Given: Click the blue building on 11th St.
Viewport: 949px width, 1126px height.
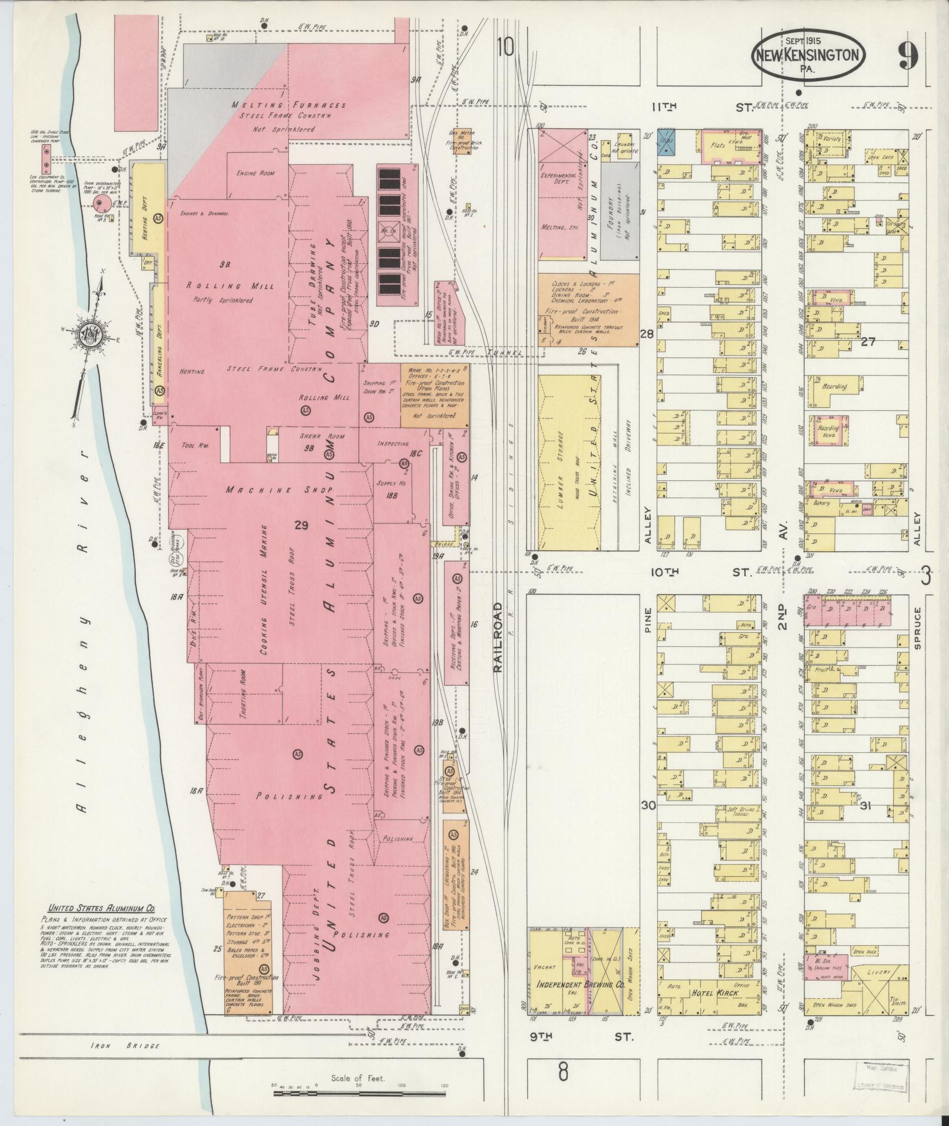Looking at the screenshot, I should [x=666, y=142].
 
